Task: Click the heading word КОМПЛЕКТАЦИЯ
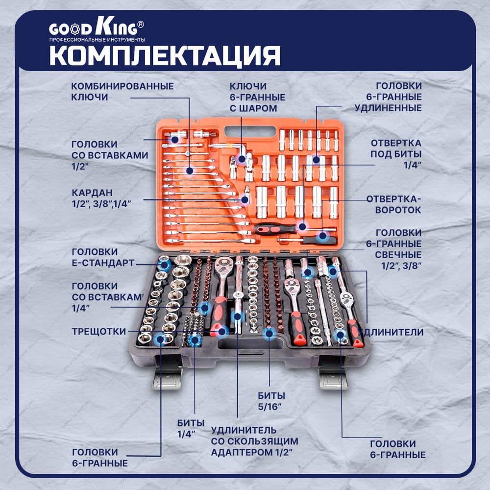tap(165, 56)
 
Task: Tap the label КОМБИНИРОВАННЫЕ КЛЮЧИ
tap(122, 91)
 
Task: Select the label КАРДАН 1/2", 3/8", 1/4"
tap(101, 198)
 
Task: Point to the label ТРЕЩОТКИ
tap(99, 331)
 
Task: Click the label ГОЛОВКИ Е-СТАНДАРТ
tap(103, 257)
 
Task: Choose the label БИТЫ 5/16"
tap(271, 401)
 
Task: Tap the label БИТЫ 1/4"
tap(191, 428)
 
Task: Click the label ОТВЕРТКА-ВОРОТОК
tap(394, 204)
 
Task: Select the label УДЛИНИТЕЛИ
tap(391, 332)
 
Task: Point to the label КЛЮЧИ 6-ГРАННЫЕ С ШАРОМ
tap(257, 97)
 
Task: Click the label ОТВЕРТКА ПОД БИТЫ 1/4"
tap(396, 154)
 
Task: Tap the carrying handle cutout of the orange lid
tap(250, 131)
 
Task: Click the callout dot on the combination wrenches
tap(189, 171)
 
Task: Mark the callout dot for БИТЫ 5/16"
tap(269, 334)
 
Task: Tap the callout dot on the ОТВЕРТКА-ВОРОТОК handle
tap(322, 236)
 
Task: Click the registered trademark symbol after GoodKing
tap(141, 24)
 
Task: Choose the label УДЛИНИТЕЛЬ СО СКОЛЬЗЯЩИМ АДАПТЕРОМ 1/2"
tap(254, 441)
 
